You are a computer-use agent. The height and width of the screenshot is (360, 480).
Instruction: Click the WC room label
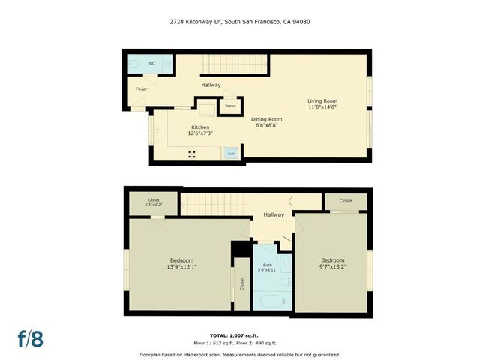151,63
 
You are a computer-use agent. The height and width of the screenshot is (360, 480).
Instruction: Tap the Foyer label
141,89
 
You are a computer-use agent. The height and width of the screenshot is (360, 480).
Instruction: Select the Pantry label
231,106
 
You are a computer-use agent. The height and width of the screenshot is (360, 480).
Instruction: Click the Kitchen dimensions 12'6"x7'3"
200,133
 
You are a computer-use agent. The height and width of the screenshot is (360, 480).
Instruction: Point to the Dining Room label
266,119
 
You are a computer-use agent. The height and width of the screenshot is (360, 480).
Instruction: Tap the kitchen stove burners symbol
191,154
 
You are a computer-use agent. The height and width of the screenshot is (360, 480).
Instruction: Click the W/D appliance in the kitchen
231,154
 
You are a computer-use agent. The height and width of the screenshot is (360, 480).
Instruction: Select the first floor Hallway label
211,85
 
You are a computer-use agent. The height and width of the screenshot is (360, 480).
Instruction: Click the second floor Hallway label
273,215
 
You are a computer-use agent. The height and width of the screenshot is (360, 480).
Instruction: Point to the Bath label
268,264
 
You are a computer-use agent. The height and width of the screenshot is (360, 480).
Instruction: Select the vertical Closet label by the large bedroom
242,283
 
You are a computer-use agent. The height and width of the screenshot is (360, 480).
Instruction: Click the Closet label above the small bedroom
346,201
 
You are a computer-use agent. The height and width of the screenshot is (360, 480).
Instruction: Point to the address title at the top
239,22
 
